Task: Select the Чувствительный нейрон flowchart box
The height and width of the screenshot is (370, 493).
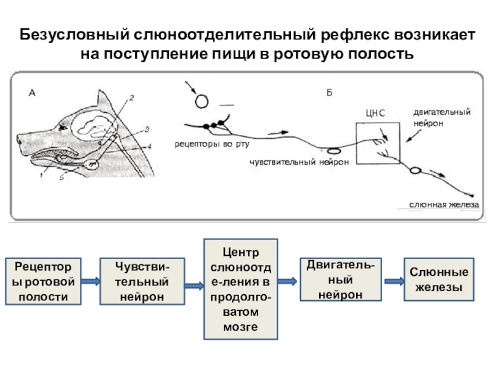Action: click(x=142, y=282)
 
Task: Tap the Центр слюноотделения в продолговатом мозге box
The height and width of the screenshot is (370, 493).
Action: click(x=240, y=289)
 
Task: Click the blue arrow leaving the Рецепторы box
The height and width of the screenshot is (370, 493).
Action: click(x=91, y=282)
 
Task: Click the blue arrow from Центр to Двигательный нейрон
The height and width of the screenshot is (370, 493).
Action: click(x=287, y=281)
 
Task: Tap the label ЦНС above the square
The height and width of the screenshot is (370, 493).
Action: click(x=375, y=113)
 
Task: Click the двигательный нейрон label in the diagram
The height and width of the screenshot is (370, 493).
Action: click(x=441, y=117)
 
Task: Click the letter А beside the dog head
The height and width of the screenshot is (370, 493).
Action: click(x=33, y=93)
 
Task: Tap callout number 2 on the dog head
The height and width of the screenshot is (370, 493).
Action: click(x=131, y=98)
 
